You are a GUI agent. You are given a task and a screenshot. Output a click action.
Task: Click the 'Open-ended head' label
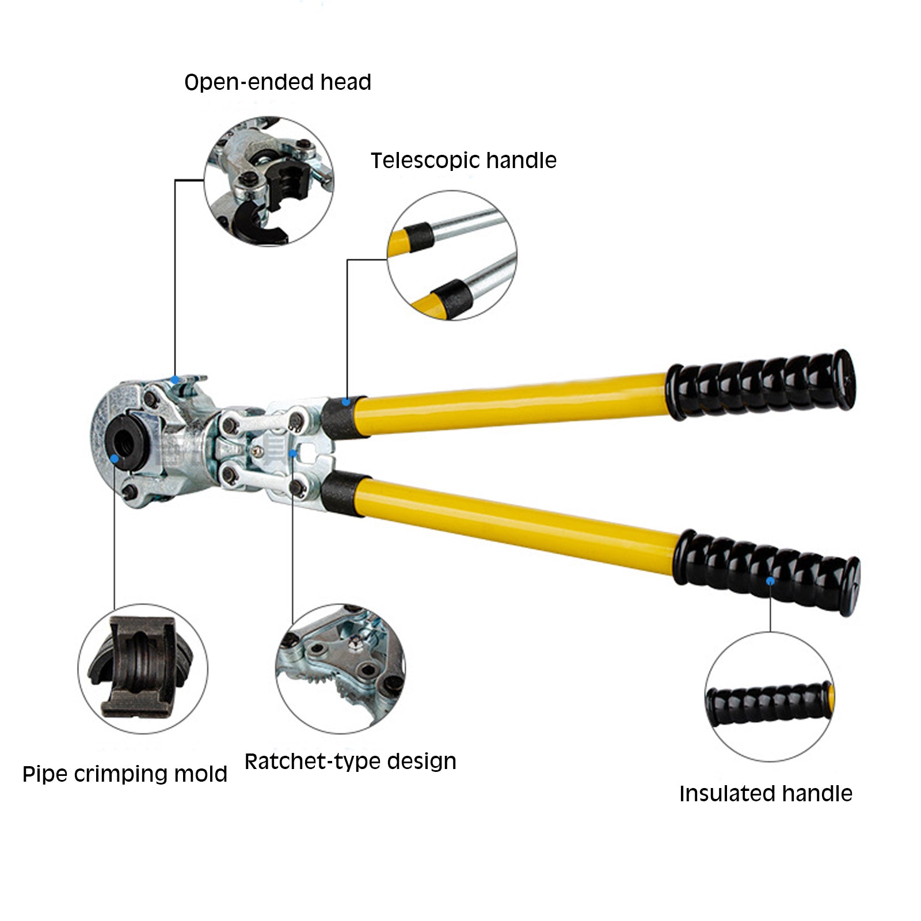(x=277, y=82)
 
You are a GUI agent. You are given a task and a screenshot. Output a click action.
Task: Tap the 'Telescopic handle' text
(x=463, y=161)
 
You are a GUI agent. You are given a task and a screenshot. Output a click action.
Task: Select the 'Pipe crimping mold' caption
(x=125, y=774)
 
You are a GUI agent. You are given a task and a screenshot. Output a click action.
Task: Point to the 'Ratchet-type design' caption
(x=351, y=762)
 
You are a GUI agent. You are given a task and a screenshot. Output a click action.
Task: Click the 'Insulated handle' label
(x=766, y=794)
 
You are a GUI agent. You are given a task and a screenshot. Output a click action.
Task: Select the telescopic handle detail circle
(x=452, y=256)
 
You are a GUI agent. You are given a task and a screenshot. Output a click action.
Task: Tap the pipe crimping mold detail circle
(x=143, y=669)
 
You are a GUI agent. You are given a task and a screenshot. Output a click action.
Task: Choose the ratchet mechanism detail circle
(x=341, y=669)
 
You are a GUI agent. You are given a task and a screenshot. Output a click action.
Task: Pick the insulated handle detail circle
(x=770, y=697)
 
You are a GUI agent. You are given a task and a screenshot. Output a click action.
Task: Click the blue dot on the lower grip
(x=770, y=581)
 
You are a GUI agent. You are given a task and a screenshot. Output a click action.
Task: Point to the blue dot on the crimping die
(x=115, y=459)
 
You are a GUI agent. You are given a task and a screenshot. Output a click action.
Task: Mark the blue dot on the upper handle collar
(x=346, y=402)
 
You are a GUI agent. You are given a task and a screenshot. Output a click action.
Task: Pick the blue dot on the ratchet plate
(x=293, y=453)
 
